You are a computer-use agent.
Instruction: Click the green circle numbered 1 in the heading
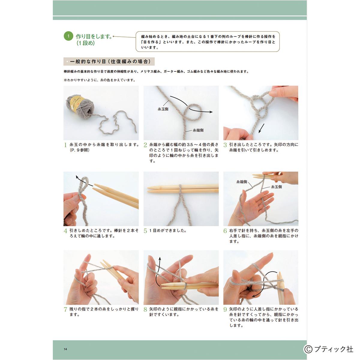pos(68,36)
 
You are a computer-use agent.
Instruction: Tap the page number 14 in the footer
pos(65,349)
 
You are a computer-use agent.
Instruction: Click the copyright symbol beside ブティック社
pos(308,349)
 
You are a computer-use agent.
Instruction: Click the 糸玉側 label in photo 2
pos(163,109)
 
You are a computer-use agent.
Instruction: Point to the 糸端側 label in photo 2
pos(198,130)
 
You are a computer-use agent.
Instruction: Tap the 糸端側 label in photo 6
pos(241,182)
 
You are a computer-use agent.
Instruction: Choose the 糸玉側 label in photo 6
pos(276,187)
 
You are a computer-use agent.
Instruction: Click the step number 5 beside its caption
pos(145,231)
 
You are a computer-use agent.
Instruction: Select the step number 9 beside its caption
pos(225,310)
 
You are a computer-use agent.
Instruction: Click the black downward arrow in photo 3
pos(261,128)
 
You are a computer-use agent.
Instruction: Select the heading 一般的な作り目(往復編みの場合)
pos(110,61)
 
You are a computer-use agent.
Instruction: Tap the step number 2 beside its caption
pos(145,145)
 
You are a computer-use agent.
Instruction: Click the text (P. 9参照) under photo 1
pos(79,150)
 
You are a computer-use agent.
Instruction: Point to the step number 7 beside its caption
pos(65,310)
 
